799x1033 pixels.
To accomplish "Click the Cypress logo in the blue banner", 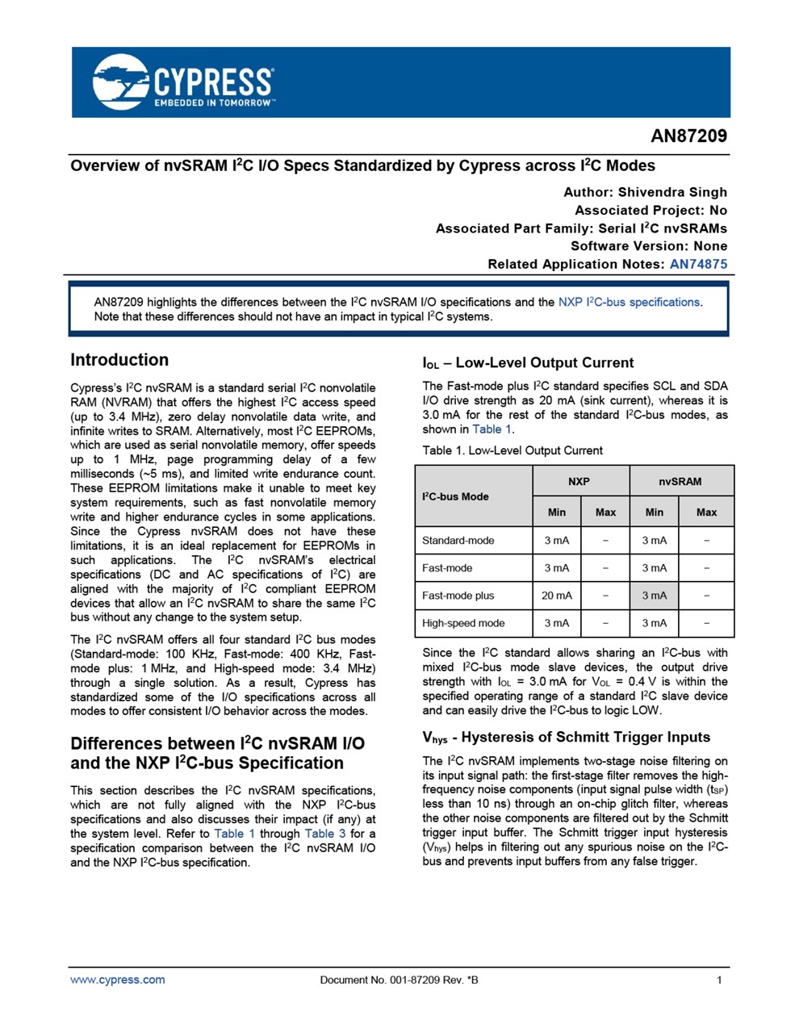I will point(183,82).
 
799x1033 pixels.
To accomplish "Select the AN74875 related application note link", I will point(698,264).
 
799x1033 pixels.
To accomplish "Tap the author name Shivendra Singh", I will point(672,192).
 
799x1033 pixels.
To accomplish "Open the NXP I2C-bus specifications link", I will point(629,302).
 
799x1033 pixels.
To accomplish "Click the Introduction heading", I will point(119,360).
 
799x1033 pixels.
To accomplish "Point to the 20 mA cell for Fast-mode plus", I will point(557,596).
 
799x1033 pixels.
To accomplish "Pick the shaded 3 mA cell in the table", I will point(655,596).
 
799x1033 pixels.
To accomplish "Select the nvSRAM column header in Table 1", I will point(680,481).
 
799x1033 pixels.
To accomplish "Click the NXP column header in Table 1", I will point(579,481).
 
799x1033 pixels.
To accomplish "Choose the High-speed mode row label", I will point(463,623).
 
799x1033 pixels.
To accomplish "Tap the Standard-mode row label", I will point(458,541).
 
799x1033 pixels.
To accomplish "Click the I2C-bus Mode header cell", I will point(456,496).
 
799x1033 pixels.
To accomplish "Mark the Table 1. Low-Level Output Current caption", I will point(512,450).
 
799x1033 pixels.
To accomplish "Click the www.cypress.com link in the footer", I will point(118,980).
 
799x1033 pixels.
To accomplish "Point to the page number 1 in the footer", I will point(719,980).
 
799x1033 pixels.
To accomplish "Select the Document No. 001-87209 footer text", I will point(399,980).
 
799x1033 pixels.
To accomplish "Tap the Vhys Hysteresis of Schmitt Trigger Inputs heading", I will point(566,737).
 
